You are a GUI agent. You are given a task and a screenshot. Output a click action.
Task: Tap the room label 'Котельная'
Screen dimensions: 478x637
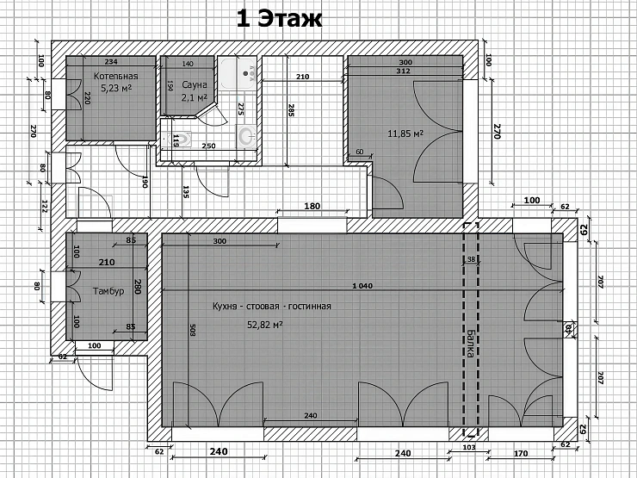[115, 77]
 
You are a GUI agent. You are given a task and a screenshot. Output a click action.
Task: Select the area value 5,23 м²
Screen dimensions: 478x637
[115, 88]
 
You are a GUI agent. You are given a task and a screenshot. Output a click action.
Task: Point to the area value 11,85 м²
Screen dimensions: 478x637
[405, 133]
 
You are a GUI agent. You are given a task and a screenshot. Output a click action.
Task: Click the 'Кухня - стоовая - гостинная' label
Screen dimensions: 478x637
[271, 306]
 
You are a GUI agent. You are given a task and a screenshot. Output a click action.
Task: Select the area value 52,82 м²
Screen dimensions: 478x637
[265, 325]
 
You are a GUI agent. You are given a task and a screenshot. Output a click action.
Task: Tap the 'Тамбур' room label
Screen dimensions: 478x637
[109, 291]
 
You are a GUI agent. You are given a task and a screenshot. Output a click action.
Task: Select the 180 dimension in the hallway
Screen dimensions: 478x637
[312, 207]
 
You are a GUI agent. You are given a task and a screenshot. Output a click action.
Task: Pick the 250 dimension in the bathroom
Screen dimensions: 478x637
[208, 146]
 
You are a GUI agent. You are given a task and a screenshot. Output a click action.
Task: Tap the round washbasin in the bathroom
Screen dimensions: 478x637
[246, 134]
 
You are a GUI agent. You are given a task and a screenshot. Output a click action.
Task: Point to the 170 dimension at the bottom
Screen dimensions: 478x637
[521, 451]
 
